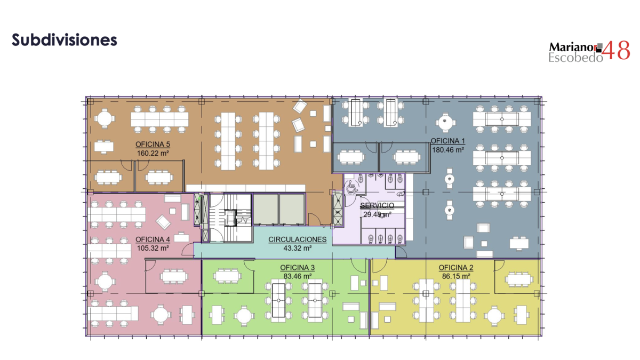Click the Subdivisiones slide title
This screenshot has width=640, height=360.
tap(65, 39)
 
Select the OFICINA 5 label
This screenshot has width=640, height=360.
tap(153, 145)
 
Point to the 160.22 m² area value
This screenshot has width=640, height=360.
tap(153, 154)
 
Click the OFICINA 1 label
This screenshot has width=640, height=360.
tap(447, 141)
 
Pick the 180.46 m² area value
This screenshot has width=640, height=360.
tap(447, 150)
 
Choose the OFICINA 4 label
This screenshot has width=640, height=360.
tap(153, 239)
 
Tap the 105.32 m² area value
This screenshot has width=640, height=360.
tap(153, 249)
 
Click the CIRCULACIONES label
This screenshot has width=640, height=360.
tap(298, 239)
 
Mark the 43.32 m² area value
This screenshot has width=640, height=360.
tap(298, 249)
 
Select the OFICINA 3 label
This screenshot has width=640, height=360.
tap(298, 268)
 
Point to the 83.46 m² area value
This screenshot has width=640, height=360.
tap(298, 276)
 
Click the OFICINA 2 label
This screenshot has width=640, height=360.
tap(456, 268)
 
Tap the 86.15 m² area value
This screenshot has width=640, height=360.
tap(456, 276)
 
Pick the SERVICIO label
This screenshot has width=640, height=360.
tap(377, 205)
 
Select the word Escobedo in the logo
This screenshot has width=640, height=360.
tap(575, 58)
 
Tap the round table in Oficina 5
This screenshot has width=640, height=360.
tap(105, 118)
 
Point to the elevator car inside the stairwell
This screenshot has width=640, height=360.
tap(230, 218)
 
